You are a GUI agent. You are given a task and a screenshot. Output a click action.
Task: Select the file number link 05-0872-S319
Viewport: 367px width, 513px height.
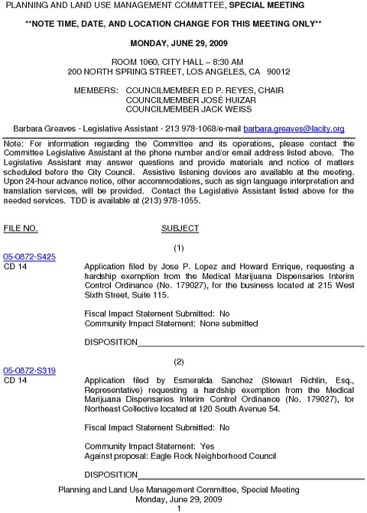[x=29, y=371]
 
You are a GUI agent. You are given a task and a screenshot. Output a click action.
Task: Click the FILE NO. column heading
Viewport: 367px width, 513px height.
[x=21, y=228]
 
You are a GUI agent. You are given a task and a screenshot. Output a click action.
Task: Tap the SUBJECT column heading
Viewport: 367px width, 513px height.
[x=180, y=228]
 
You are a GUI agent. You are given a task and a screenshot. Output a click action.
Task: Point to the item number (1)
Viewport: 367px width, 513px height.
[x=179, y=248]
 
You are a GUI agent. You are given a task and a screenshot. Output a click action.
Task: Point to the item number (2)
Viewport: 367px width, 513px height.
[x=179, y=361]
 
